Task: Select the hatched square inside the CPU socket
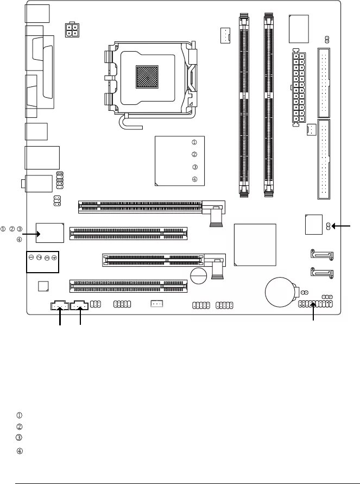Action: click(145, 76)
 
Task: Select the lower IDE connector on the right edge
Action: click(325, 160)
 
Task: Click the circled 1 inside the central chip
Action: click(194, 142)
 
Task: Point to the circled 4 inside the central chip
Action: click(194, 180)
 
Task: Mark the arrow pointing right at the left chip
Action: click(30, 234)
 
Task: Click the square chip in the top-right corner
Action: click(300, 28)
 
